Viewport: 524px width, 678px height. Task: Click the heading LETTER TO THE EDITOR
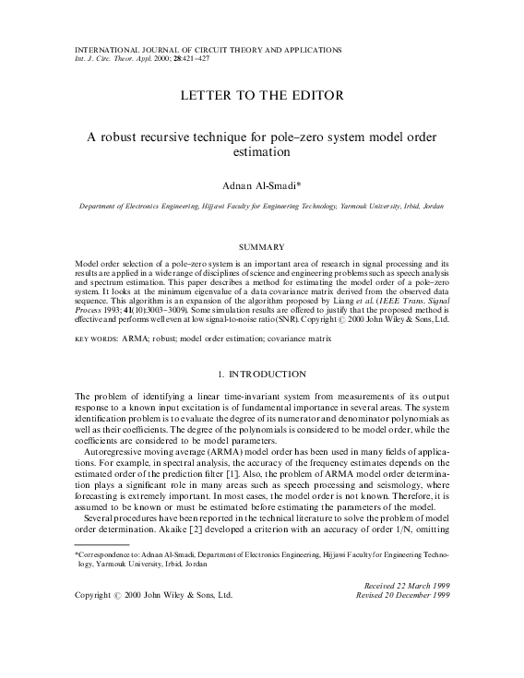pyautogui.click(x=261, y=96)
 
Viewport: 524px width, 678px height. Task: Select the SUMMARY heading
pyautogui.click(x=261, y=247)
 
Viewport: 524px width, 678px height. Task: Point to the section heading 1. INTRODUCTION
pyautogui.click(x=261, y=375)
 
